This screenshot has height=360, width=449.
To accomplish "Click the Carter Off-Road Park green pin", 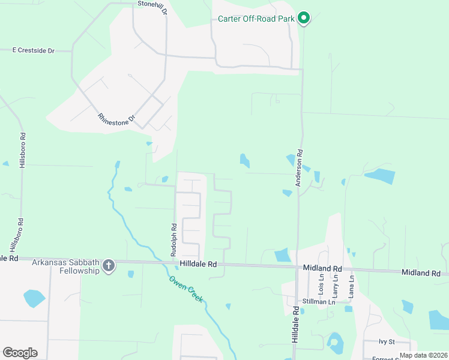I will [x=304, y=19].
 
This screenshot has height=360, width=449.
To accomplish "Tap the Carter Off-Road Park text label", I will [x=256, y=19].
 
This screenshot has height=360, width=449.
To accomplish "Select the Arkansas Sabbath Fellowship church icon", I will [x=108, y=265].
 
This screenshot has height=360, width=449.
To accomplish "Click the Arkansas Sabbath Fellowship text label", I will [x=65, y=266].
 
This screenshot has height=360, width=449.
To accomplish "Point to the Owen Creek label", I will [x=185, y=289].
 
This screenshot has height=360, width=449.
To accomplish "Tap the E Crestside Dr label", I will [x=33, y=51].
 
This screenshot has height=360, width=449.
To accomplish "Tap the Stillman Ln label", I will [x=319, y=302].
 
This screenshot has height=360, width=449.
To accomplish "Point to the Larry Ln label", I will [x=336, y=286].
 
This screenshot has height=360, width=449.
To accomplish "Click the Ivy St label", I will [x=386, y=341].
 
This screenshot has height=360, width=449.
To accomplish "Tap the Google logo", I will [x=20, y=353].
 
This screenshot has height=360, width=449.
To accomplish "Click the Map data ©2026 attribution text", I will [x=423, y=355].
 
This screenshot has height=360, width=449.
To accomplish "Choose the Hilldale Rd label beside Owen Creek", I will [x=197, y=264].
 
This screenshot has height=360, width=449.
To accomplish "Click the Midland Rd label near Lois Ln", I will [x=322, y=268].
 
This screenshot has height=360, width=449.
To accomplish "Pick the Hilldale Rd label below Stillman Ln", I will [x=295, y=326].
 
